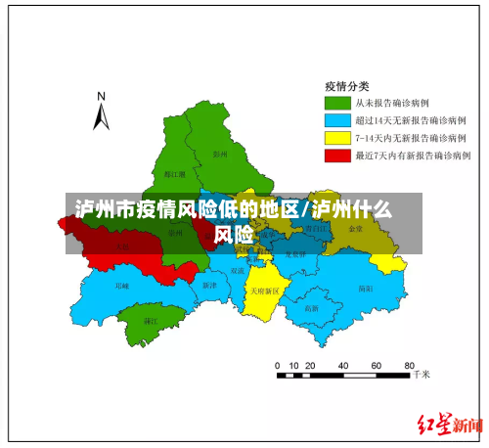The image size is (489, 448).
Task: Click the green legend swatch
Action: pos(338,102)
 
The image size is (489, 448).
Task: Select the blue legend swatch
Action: pos(338,119)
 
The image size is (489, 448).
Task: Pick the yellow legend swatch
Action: pos(338,137)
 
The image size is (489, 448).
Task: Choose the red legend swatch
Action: pos(338,155)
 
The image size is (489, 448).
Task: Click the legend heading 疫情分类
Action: pos(347,84)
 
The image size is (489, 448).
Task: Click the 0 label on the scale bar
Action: pos(277,364)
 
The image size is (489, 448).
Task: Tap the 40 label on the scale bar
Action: pos(343,364)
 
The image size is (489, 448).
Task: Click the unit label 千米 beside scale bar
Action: pos(422,375)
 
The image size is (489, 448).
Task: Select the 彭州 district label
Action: pos(219,154)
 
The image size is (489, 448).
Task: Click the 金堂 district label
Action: pos(355,228)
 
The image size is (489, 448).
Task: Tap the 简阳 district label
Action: pos(365,289)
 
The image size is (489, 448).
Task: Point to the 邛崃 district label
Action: pos(121,287)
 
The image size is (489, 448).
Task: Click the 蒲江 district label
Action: pos(151,321)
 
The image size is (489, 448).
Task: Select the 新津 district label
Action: pos(208,286)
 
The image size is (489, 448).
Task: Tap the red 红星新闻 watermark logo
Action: pos(450,425)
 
